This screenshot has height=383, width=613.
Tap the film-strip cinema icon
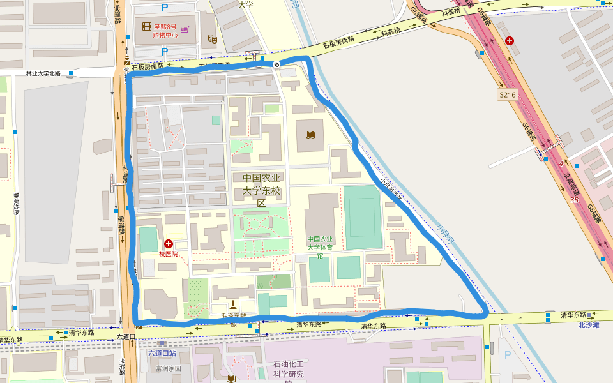pos(148,27)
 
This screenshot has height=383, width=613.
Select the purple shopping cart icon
pos(185,28)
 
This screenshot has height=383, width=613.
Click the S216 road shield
pos(507,94)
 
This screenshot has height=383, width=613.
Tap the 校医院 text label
pos(168,254)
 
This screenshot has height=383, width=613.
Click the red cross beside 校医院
pos(169,244)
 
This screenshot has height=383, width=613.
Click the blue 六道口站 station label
pos(162,353)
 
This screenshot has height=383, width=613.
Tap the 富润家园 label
pos(169,368)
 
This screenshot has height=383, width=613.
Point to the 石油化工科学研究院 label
pos(289,369)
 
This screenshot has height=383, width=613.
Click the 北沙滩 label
pos(588,325)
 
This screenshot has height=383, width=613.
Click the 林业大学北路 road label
pos(43,73)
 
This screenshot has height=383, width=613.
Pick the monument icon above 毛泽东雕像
pos(232,303)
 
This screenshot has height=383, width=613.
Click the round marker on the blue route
pos(276,64)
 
